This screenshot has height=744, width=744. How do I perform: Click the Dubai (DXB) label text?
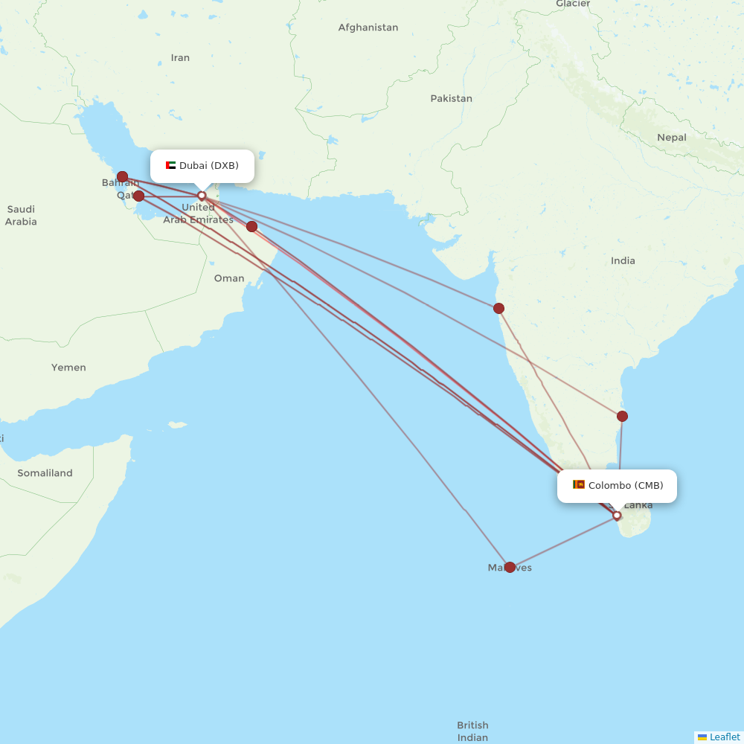click(208, 165)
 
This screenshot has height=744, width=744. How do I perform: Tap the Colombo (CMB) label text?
click(625, 485)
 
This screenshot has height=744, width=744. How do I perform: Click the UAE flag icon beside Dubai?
click(170, 165)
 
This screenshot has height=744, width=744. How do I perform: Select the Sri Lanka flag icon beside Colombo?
click(578, 485)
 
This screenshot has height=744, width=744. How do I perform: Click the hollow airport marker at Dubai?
click(201, 196)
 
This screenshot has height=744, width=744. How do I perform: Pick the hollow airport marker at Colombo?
click(617, 516)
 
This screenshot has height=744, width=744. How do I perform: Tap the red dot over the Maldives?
click(510, 567)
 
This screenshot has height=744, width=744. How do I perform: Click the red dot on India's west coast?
click(498, 308)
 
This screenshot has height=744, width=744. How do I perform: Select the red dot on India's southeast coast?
click(623, 416)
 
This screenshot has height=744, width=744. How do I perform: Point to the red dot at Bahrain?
click(122, 176)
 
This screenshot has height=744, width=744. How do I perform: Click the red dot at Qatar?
click(138, 196)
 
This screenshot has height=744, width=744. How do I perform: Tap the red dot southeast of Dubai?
click(251, 226)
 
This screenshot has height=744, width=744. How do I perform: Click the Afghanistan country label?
click(368, 28)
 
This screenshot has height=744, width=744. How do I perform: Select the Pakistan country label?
click(451, 98)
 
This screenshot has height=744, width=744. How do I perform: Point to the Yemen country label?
click(68, 368)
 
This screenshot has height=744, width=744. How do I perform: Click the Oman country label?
click(228, 278)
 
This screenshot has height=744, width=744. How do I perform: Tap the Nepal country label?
click(671, 138)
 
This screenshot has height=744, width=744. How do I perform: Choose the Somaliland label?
click(45, 473)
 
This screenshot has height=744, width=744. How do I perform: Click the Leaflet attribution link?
click(724, 737)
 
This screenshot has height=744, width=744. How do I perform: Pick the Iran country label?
click(180, 57)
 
